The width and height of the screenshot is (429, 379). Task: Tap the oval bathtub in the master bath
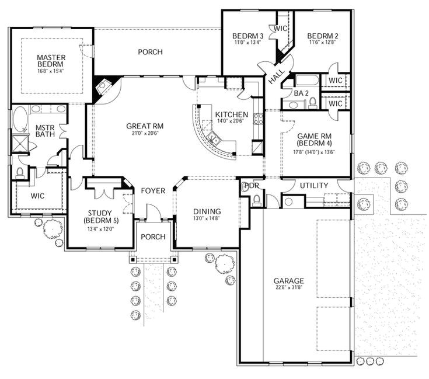point(20,119)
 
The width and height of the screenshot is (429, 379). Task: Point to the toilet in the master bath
point(20,171)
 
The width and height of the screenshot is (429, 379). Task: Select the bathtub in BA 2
point(304,80)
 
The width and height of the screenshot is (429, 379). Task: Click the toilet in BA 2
point(312,103)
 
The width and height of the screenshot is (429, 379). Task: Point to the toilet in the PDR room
point(256,200)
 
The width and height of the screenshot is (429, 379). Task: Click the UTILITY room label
point(313,186)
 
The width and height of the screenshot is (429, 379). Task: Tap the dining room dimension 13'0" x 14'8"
point(207,219)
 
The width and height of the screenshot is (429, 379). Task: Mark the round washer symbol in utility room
point(288,201)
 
